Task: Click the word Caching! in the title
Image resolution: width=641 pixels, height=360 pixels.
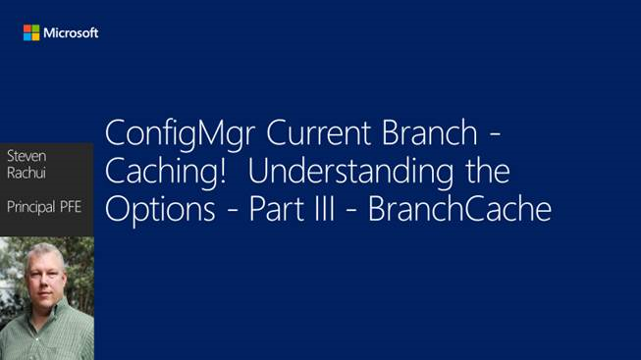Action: click(164, 174)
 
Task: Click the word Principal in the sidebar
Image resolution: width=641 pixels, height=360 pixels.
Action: click(34, 208)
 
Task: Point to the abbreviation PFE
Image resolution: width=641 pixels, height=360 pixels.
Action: click(77, 208)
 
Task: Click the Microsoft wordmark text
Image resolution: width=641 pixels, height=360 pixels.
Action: click(71, 32)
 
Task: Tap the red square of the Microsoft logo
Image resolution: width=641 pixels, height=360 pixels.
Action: click(28, 28)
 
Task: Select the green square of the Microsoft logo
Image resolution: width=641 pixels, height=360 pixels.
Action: click(36, 28)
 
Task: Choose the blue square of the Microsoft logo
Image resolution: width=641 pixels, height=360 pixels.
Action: click(28, 36)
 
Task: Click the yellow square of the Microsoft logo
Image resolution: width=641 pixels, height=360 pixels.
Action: click(36, 36)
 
